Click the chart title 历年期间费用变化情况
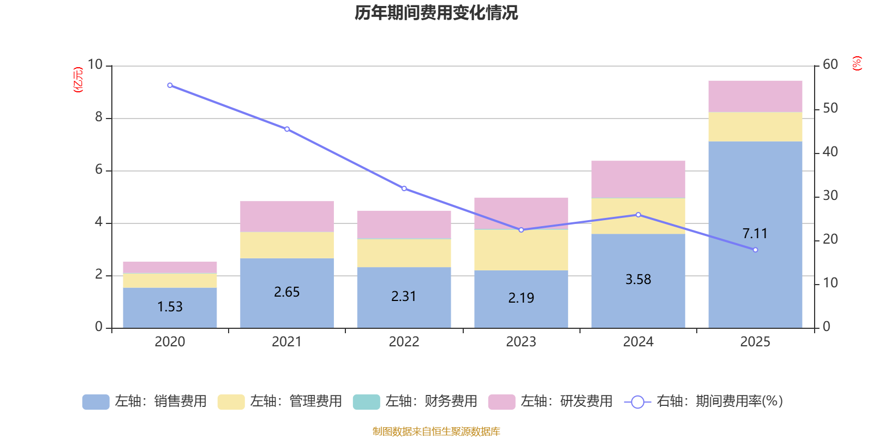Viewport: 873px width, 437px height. [x=436, y=13]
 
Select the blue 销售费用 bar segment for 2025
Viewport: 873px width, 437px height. [x=755, y=273]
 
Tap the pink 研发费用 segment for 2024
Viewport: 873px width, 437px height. [x=638, y=179]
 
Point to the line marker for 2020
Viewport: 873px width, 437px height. [x=170, y=85]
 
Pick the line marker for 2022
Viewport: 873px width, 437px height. [x=404, y=188]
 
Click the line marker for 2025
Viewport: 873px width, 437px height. [x=755, y=250]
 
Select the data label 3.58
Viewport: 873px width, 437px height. [x=638, y=280]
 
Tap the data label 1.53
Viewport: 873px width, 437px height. [x=170, y=307]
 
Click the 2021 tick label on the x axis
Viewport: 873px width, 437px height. [x=286, y=342]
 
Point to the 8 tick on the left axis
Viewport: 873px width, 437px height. [x=99, y=117]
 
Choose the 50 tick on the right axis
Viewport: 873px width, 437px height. [x=830, y=108]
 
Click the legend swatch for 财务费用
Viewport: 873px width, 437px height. [x=366, y=402]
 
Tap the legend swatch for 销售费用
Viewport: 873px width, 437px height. [x=95, y=402]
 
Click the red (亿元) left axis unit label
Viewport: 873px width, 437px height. [x=79, y=80]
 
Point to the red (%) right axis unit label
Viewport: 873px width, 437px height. [x=857, y=63]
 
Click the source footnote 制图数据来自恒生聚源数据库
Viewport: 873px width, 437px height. [x=436, y=432]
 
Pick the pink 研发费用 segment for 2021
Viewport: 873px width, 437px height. [x=286, y=216]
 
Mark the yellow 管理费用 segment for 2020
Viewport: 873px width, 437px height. [x=170, y=280]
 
